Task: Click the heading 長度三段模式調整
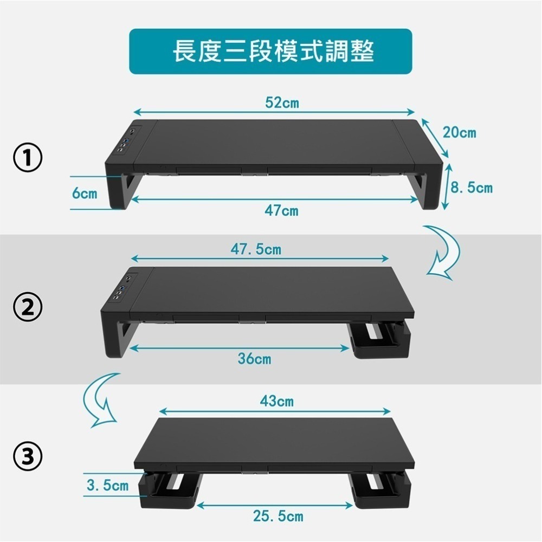coord(270,51)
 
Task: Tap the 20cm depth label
coord(459,132)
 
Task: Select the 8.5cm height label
coord(472,188)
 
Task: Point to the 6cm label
coord(86,193)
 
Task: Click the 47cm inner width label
coord(281,210)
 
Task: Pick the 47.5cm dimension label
coord(256,249)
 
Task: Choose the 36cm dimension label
coord(254,358)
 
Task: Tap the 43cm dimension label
coord(276,402)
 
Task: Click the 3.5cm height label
coord(108,485)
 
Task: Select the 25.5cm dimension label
coord(278,516)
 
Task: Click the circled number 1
coord(28,158)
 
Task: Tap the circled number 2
coord(28,307)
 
